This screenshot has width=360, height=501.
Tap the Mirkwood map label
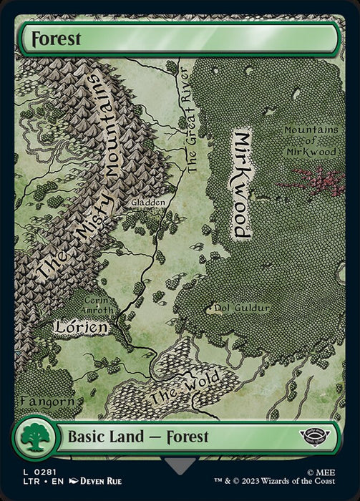click(242, 185)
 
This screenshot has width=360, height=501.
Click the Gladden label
click(148, 203)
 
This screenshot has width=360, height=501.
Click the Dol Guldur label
click(242, 308)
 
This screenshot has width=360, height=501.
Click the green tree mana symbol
click(34, 437)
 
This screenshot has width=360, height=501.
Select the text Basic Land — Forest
click(138, 437)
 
